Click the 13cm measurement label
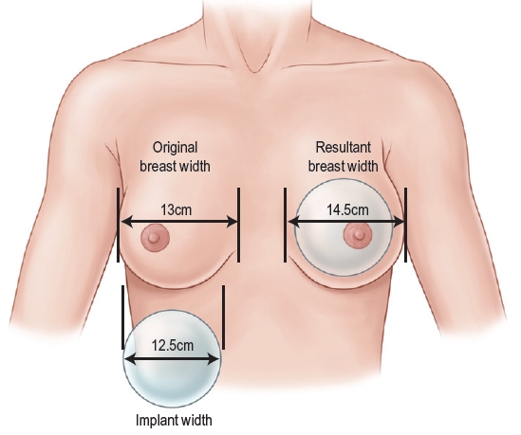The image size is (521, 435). coord(177,209)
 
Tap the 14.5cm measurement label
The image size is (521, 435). coord(347,209)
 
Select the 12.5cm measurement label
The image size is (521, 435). coord(173,345)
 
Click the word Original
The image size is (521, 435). coord(176,147)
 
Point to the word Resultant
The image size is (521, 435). coord(344,147)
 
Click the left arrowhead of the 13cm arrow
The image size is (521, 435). coord(127,222)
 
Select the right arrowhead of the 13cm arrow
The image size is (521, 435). coord(231,222)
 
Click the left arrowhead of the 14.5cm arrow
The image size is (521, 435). coord(294,222)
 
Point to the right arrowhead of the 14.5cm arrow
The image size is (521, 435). coord(398,222)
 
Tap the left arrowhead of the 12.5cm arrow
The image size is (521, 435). coord(131,358)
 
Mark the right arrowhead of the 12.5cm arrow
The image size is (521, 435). coord(214,358)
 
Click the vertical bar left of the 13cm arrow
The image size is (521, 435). coord(118,225)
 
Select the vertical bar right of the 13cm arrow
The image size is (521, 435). coord(238,225)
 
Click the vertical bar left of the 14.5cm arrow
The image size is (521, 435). coord(285,225)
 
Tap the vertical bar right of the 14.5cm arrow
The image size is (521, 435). coord(406,225)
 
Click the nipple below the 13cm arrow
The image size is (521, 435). coord(155,238)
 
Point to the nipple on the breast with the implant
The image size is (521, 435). coord(357,235)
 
